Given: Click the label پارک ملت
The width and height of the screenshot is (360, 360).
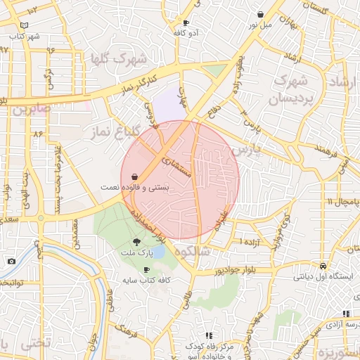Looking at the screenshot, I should point(146,252).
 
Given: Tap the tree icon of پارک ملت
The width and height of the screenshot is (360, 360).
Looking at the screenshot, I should point(146,242).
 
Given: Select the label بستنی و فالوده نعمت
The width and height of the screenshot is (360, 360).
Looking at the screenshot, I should point(157,188).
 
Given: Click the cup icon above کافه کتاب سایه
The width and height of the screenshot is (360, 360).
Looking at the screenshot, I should point(146,270).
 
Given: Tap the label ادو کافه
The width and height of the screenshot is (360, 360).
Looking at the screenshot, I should point(186,32).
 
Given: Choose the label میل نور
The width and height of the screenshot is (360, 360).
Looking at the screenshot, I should point(260,24).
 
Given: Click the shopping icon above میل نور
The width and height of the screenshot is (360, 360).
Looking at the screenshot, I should point(261,14).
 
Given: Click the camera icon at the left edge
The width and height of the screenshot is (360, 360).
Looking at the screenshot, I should point(11,262).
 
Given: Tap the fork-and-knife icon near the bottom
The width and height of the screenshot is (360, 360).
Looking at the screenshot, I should point(208,336).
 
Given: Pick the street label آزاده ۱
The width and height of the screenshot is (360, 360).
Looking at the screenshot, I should point(250,243).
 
